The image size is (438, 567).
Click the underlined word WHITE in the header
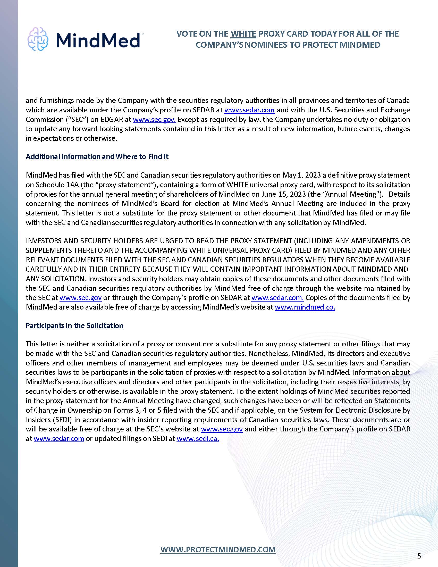coord(243,34)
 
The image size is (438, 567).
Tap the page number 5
coord(419,556)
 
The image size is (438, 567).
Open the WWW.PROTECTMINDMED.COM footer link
coord(218,549)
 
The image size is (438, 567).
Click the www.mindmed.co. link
coord(305,307)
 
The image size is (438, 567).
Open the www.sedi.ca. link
coord(198,438)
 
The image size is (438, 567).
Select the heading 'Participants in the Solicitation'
coord(74,326)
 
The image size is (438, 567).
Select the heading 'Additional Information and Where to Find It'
coord(97,156)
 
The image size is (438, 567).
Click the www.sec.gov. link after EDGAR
coord(154,119)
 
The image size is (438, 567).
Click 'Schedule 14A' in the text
coord(56,185)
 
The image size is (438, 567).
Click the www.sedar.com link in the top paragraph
coord(249,110)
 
